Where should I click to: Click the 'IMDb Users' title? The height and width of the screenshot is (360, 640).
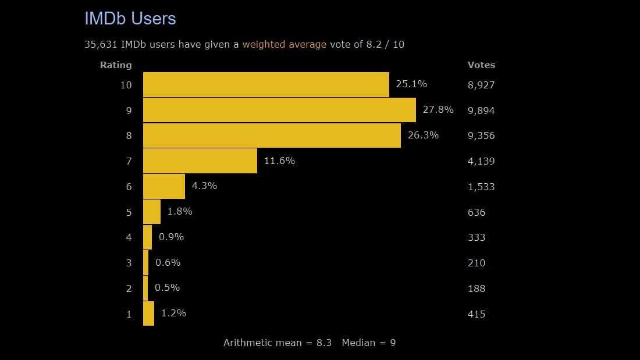click(130, 19)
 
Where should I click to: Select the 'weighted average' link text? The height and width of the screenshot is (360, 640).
click(284, 44)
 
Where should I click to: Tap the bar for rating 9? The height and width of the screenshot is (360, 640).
click(279, 110)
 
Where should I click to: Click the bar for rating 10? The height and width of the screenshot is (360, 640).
click(266, 84)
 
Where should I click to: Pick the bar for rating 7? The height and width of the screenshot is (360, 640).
click(200, 161)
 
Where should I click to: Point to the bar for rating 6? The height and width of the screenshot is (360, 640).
click(163, 186)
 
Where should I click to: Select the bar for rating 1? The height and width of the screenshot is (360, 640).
click(148, 313)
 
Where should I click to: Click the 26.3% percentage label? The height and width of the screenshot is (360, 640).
click(423, 135)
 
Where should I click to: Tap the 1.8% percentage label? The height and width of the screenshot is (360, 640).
click(179, 211)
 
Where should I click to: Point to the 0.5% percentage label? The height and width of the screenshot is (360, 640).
click(167, 287)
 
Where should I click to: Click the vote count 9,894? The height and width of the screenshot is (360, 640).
click(481, 111)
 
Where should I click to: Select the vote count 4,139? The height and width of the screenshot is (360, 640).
click(481, 161)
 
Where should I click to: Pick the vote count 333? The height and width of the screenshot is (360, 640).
click(476, 237)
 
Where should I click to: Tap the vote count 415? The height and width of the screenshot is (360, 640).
click(476, 314)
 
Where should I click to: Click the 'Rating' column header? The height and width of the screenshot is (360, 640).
click(116, 65)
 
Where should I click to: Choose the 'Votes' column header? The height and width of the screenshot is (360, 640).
click(481, 65)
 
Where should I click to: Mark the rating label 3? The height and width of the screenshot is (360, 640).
click(129, 263)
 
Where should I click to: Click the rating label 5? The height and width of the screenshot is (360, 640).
click(129, 212)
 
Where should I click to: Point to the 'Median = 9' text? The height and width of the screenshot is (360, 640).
click(368, 343)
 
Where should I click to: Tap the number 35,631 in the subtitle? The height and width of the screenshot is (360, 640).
click(101, 44)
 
